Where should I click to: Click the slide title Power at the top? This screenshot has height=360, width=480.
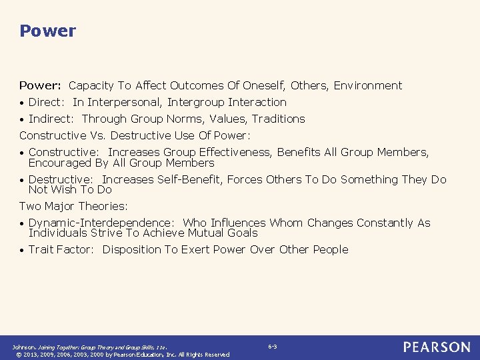(x=48, y=31)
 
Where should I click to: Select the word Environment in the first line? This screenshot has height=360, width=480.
(x=368, y=85)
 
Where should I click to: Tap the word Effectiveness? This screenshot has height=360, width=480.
(x=231, y=152)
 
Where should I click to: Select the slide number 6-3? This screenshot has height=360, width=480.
(x=273, y=347)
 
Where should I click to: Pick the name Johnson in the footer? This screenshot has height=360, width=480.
(x=24, y=347)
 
